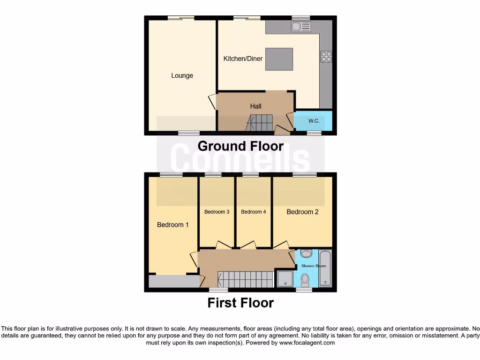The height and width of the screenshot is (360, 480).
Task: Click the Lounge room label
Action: [x=182, y=75]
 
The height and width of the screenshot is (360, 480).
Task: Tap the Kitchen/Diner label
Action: [x=243, y=59]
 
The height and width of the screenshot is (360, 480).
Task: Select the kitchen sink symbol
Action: [x=301, y=27]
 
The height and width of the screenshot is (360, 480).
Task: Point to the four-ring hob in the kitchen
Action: [x=326, y=57]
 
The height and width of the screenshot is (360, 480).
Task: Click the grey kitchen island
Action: [x=279, y=59]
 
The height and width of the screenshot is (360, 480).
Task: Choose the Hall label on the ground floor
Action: [x=255, y=106]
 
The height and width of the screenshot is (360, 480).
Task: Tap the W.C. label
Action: [x=314, y=121]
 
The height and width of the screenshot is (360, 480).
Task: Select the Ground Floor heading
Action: [x=240, y=146]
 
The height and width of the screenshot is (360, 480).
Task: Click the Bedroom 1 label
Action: [x=172, y=225]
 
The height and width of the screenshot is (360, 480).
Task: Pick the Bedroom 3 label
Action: [x=217, y=212]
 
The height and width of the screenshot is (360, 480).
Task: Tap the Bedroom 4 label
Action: [x=253, y=212]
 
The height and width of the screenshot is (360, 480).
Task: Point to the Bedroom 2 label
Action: [x=302, y=212]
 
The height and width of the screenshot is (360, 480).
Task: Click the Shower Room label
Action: [x=314, y=266]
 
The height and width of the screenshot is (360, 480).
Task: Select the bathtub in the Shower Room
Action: [x=325, y=269]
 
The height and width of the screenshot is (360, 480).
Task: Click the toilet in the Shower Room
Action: [x=305, y=280]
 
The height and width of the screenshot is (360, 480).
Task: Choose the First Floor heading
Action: [x=240, y=303]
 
